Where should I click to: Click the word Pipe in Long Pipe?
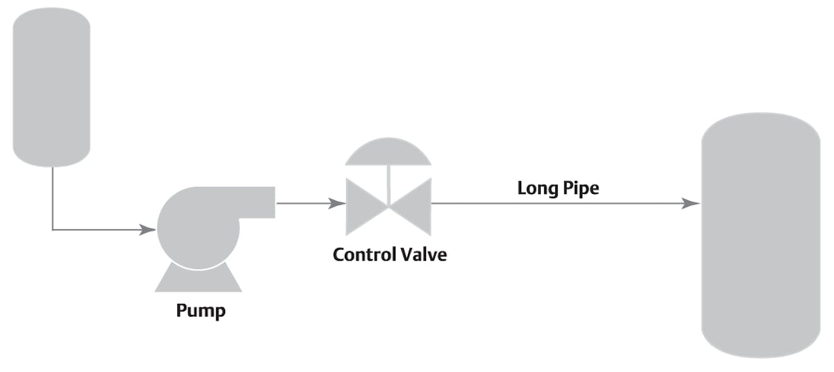[582, 188]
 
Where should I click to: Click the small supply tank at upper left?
[51, 87]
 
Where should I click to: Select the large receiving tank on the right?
[760, 236]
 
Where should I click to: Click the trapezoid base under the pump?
[198, 280]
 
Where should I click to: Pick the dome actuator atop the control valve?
[388, 154]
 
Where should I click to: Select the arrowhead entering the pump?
[148, 229]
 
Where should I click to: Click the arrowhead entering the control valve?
[338, 204]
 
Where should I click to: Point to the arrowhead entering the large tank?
[691, 204]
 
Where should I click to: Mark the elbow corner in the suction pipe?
[53, 229]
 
